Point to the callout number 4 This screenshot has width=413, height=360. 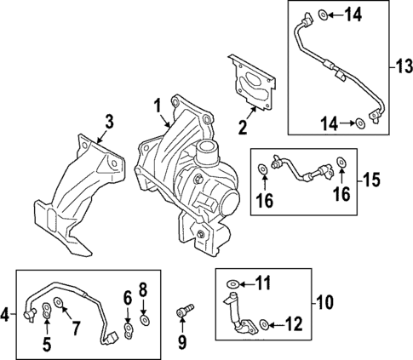(6, 316)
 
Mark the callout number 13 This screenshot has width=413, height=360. (404, 65)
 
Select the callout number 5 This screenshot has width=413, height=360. (47, 346)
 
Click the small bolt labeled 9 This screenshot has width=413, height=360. (181, 315)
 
